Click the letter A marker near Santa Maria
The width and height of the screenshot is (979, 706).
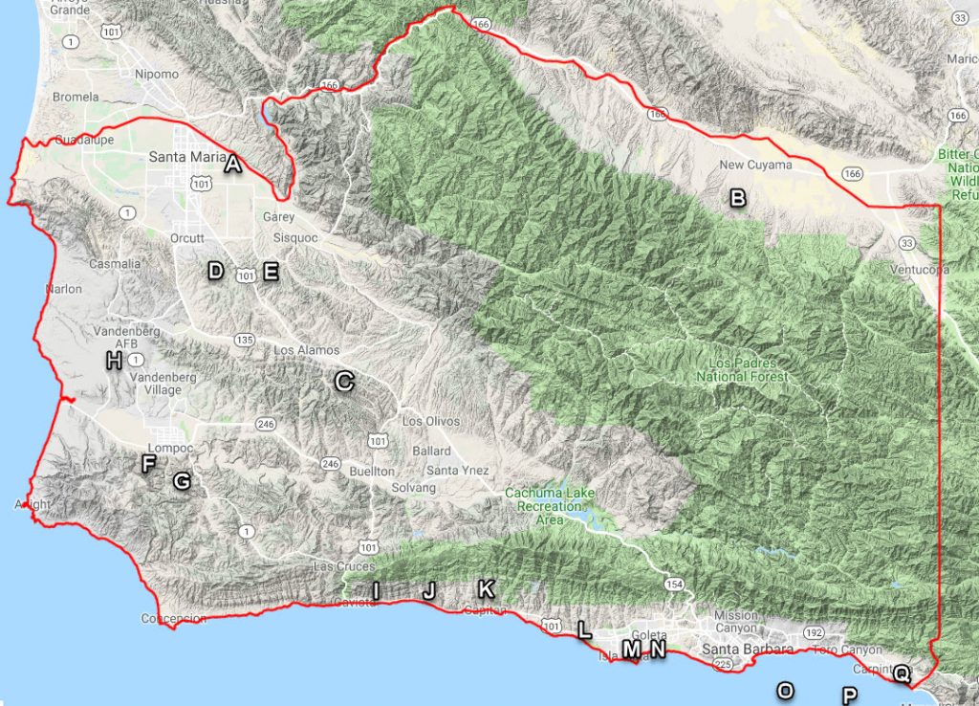(x=231, y=165)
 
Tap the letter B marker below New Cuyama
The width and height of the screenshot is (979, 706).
(x=737, y=198)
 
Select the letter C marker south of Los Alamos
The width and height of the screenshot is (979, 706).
(x=344, y=382)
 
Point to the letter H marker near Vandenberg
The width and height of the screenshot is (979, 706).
(x=114, y=361)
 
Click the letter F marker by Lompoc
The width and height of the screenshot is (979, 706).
(x=148, y=465)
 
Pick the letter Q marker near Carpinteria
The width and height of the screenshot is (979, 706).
(x=901, y=673)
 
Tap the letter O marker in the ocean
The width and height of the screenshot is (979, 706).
(x=785, y=690)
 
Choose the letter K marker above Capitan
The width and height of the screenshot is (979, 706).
(x=486, y=587)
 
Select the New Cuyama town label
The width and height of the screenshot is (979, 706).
(x=755, y=165)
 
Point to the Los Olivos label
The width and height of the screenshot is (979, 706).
(x=430, y=421)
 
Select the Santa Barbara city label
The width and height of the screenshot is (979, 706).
(x=748, y=650)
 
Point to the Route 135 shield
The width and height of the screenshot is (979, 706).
(x=245, y=339)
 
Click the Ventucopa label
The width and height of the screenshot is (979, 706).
(x=918, y=270)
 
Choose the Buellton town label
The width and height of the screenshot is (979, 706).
(x=372, y=472)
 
